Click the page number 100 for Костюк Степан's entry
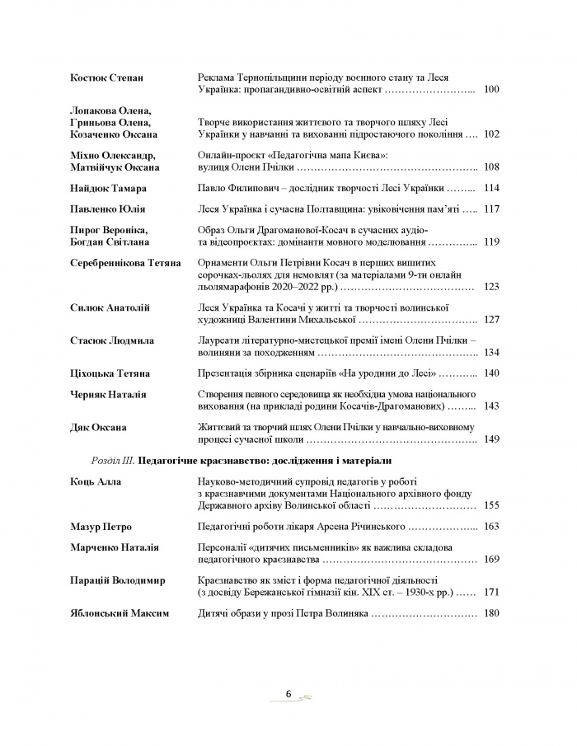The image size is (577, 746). tap(492, 88)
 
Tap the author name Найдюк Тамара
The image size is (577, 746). tap(103, 188)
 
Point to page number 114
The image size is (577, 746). tap(492, 188)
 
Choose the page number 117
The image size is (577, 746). tap(492, 209)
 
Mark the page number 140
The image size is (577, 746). tap(492, 373)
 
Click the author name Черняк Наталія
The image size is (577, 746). tap(105, 395)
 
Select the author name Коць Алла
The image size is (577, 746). tap(94, 481)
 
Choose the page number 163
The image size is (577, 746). tap(492, 526)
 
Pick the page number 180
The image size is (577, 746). tap(492, 613)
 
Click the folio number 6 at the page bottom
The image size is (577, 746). tap(288, 694)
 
